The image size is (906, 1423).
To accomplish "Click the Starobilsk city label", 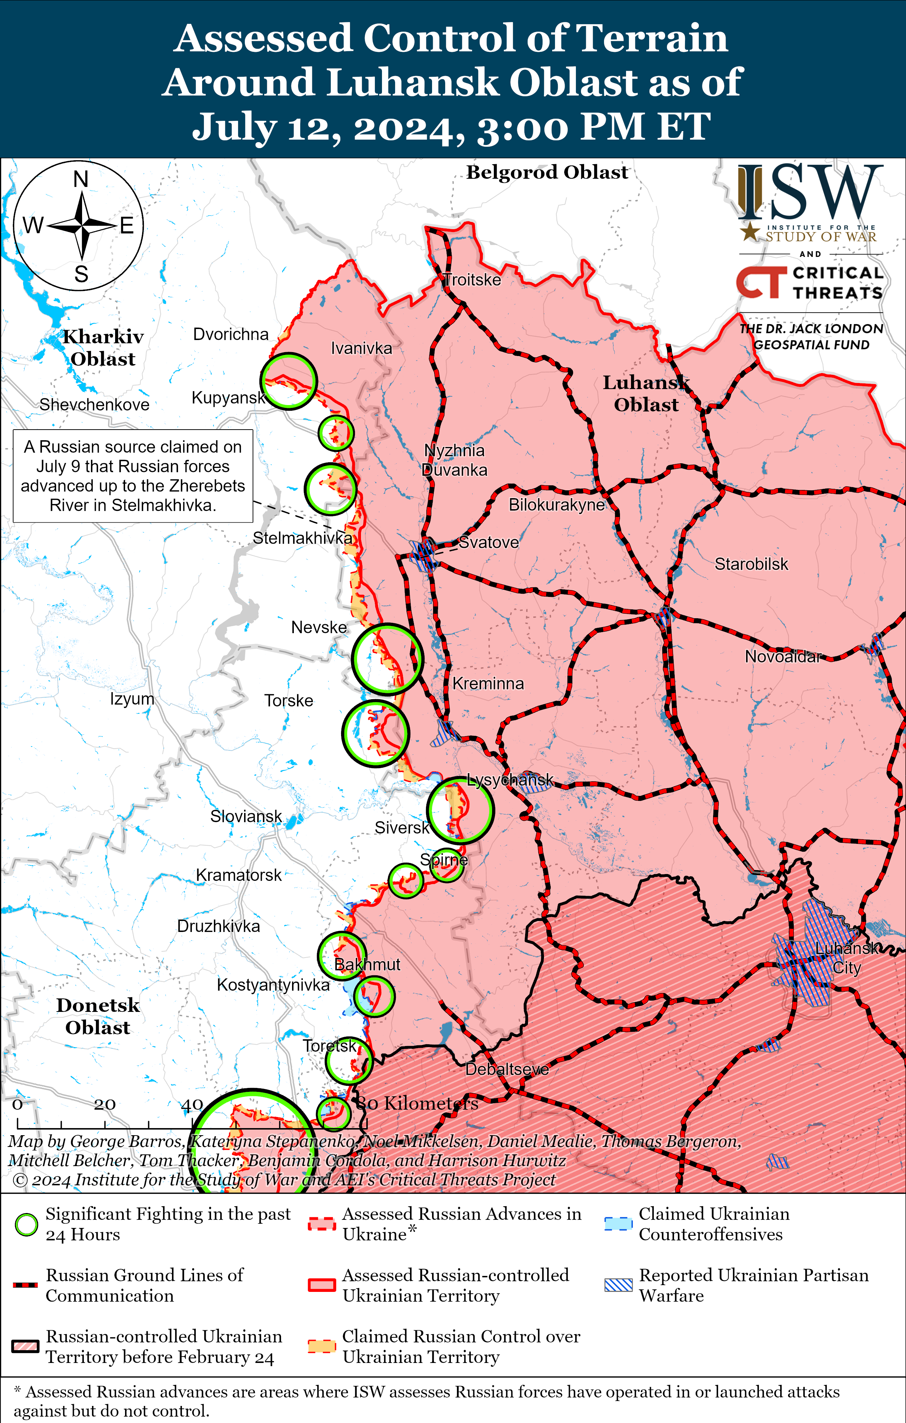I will (x=751, y=564).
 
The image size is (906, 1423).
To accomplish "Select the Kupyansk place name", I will (x=228, y=398).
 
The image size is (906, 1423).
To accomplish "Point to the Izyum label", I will (x=132, y=699).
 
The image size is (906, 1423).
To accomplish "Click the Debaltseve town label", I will (x=507, y=1069).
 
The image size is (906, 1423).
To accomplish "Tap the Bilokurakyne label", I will (x=556, y=505).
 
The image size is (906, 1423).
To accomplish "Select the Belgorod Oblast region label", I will (x=547, y=173).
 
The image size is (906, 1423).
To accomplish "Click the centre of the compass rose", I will (x=82, y=225).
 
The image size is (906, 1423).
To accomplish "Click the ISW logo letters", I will (x=810, y=192).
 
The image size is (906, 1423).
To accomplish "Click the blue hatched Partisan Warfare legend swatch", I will (x=618, y=1285).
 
